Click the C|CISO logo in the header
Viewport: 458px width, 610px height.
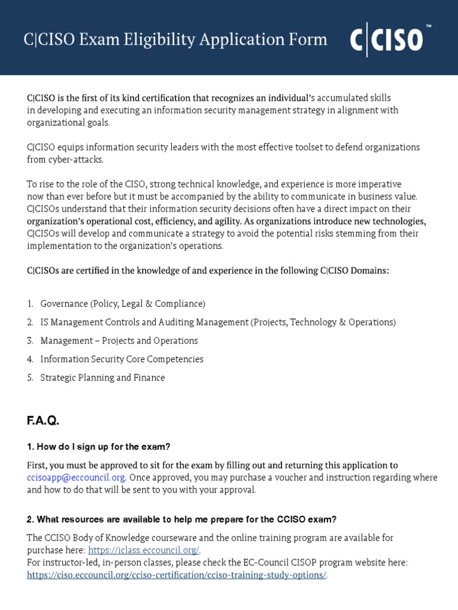point(386,40)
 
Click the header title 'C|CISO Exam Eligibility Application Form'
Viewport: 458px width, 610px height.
point(175,39)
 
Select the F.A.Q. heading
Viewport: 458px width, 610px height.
point(43,421)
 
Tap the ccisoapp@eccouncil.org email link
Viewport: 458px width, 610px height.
point(76,477)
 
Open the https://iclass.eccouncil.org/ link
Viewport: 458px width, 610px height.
point(144,550)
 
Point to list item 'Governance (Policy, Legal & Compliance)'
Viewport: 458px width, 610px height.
point(122,304)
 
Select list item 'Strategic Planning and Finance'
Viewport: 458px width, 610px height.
point(102,378)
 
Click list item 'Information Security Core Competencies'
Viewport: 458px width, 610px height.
point(122,359)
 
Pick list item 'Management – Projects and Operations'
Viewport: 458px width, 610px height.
point(119,341)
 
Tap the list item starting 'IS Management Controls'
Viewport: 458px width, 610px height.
point(218,322)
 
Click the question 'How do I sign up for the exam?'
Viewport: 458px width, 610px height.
point(98,447)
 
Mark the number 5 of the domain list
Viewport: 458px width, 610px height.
point(30,378)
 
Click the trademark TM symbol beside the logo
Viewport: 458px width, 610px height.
point(427,27)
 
